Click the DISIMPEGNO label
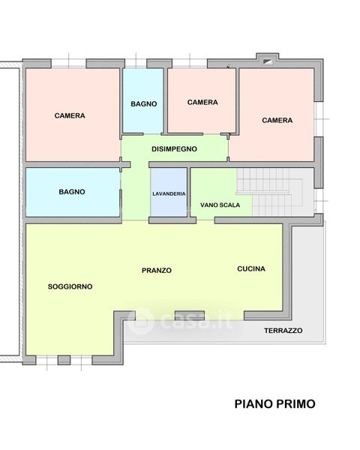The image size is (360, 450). (x=174, y=149)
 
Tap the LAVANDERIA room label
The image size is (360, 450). (x=169, y=194)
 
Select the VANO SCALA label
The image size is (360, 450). (x=220, y=205)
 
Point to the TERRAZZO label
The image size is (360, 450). (x=283, y=331)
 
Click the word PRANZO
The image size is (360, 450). (x=157, y=270)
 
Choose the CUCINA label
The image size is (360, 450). (x=251, y=269)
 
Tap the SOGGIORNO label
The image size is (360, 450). (x=70, y=286)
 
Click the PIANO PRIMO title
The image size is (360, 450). (x=275, y=403)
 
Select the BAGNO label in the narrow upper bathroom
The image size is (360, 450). (x=144, y=104)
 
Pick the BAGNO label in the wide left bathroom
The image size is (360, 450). (x=72, y=192)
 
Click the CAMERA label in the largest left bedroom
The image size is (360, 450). (x=70, y=115)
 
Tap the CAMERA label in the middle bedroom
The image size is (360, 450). (x=202, y=102)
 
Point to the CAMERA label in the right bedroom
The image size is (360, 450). (x=277, y=120)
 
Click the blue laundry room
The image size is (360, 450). (x=169, y=192)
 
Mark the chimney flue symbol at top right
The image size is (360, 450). (x=268, y=61)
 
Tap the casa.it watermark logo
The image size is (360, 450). (x=180, y=322)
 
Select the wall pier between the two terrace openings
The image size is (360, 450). (x=190, y=316)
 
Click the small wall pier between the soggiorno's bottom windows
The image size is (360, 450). (x=64, y=360)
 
